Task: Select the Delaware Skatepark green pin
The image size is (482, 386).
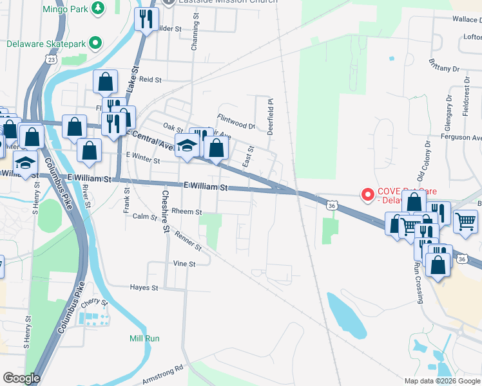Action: pos(95,44)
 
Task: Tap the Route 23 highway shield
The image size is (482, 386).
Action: pos(50,59)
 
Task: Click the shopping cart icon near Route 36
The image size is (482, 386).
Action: pos(465,221)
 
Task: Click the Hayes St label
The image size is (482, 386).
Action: pos(144,288)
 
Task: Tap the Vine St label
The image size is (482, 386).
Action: pos(184,264)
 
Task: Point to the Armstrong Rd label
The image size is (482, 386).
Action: pos(163,374)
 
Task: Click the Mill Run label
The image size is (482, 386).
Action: pos(144,338)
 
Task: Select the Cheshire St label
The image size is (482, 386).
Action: pos(165,212)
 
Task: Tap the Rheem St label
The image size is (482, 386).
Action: pos(187,212)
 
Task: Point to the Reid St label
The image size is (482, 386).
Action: pos(149,79)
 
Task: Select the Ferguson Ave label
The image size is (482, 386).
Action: pos(461,138)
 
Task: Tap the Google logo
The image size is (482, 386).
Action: pos(22,378)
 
